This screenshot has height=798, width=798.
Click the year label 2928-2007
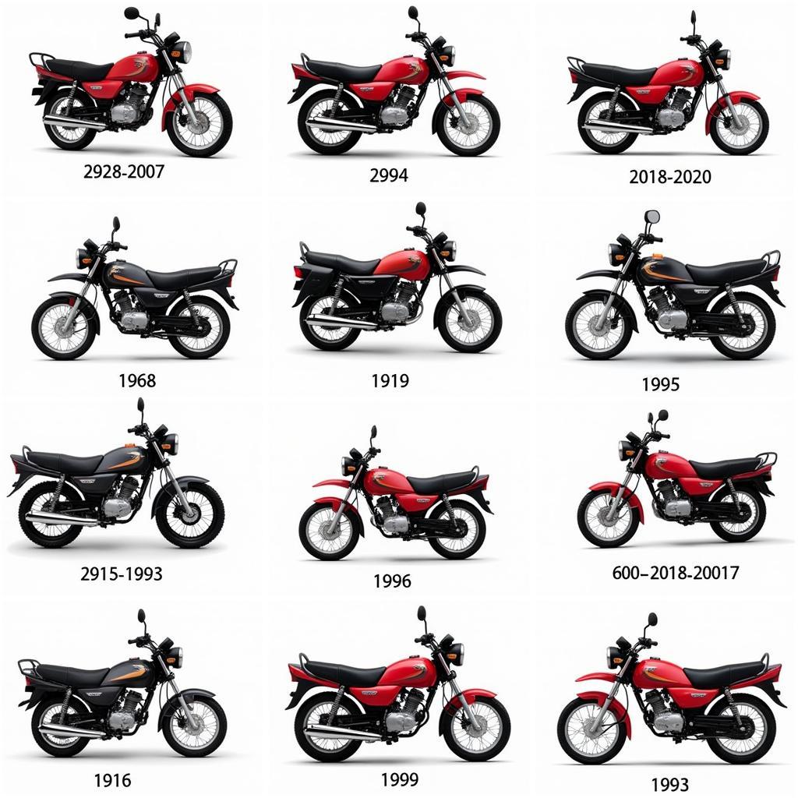click(124, 171)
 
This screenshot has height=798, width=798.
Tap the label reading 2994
click(388, 175)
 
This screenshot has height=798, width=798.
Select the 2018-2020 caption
click(669, 177)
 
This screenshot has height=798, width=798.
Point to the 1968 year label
click(137, 380)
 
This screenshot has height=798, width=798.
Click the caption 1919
click(390, 381)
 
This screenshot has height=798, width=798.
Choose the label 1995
click(660, 384)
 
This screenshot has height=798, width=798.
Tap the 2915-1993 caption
click(122, 574)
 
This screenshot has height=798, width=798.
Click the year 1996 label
click(392, 581)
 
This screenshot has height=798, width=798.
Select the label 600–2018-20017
click(675, 573)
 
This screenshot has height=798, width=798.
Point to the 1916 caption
click(112, 779)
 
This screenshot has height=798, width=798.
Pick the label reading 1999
click(400, 779)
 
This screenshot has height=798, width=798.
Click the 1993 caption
click(669, 784)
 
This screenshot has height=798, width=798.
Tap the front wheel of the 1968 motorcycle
click(65, 328)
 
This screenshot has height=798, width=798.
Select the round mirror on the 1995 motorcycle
click(652, 217)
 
